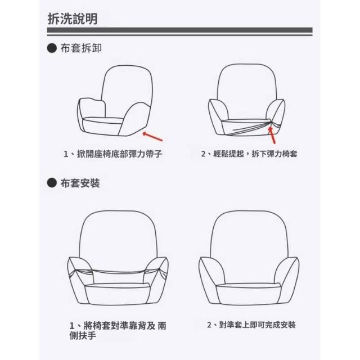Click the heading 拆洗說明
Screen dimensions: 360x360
click(73, 19)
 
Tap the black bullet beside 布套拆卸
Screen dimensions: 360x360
click(52, 48)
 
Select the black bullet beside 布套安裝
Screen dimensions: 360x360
click(52, 183)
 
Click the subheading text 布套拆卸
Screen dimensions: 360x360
click(81, 48)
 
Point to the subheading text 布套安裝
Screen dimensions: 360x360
click(80, 183)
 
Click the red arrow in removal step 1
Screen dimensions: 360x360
click(152, 136)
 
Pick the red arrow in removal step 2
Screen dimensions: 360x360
click(272, 135)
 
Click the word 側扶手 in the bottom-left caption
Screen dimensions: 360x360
click(83, 336)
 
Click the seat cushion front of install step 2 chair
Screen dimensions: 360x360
click(249, 295)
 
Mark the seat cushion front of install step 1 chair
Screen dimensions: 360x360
click(118, 295)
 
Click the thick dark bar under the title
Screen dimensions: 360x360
click(180, 30)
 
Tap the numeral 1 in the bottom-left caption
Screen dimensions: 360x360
click(72, 326)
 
